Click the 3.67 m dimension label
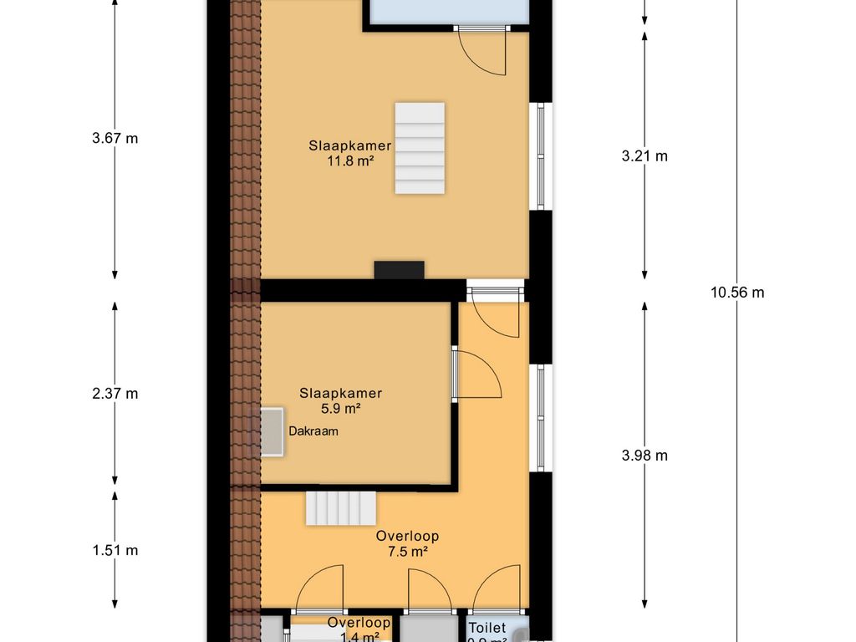115,138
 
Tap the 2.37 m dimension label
115,394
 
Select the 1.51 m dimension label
115,550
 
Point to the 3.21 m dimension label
645,155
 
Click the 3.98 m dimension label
645,456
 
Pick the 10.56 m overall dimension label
737,293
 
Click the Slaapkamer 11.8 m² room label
350,154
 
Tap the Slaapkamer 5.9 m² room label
341,400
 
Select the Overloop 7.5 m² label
407,543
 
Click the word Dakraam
313,431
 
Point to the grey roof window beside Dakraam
272,432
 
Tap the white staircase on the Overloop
340,508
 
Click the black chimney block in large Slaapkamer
399,269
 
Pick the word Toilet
487,628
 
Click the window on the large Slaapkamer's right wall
542,155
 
